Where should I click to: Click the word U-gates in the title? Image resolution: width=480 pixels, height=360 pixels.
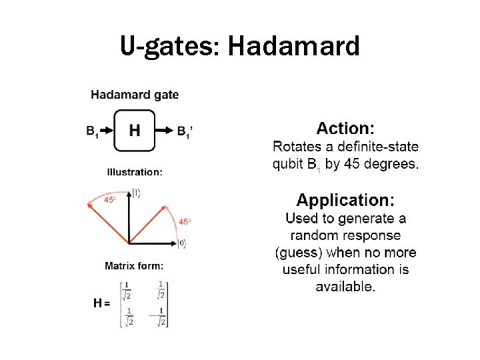coord(170,46)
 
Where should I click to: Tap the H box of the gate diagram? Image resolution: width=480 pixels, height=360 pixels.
coord(135,131)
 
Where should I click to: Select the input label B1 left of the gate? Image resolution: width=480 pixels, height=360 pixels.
coord(93,132)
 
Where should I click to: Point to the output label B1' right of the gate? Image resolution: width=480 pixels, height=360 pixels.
coord(186,132)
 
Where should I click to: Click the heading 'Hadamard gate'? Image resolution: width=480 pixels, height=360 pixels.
coord(135,95)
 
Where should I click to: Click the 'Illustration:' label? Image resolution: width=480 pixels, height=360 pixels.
coord(134,172)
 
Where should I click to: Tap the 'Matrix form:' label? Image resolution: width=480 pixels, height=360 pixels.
coord(134,266)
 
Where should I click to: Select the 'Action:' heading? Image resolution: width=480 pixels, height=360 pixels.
coord(345,129)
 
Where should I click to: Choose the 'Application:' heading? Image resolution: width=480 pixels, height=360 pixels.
coord(345,200)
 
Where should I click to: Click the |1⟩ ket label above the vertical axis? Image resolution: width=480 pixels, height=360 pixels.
coord(136,193)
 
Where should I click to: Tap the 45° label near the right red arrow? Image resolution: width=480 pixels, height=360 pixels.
coord(185,221)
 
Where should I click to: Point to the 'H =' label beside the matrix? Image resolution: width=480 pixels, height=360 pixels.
coord(102,303)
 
